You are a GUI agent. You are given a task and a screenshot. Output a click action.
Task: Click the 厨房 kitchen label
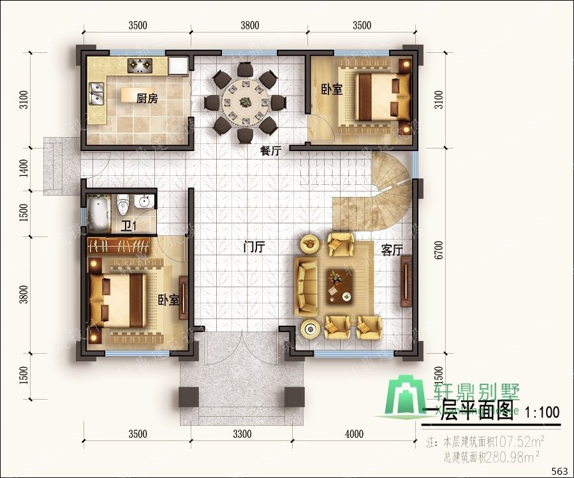[147, 98]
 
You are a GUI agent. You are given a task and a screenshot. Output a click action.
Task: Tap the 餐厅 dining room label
[270, 151]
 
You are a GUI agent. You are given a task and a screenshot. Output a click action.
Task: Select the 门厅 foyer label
[254, 248]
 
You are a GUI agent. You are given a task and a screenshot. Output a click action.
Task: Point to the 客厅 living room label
[392, 250]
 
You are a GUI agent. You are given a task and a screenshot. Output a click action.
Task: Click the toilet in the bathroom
[124, 204]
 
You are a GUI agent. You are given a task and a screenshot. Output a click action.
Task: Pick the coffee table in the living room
[339, 285]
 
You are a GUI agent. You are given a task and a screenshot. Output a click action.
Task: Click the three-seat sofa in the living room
[305, 286]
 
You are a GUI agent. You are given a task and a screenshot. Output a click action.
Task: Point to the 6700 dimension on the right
[438, 250]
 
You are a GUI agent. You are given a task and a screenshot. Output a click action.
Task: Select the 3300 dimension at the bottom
[242, 435]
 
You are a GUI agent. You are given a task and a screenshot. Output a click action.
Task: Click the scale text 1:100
[542, 412]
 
